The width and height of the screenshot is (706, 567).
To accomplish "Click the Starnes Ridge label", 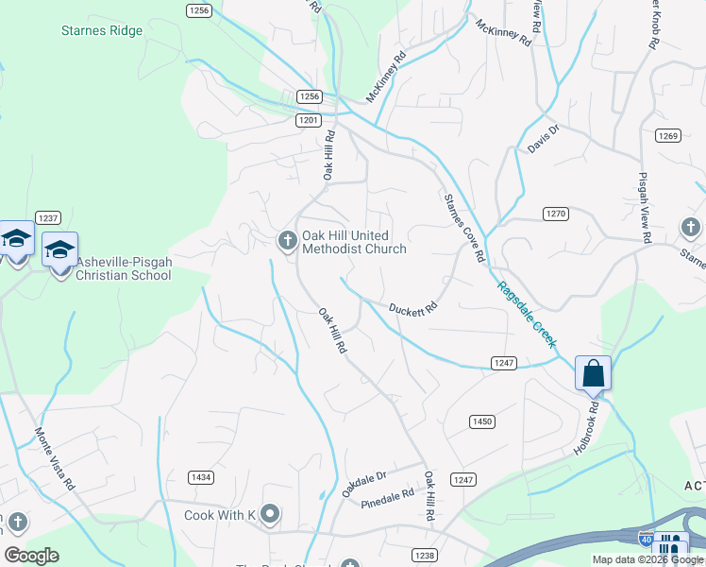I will point(101,31).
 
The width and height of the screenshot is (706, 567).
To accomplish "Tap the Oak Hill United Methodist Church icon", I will point(287,242).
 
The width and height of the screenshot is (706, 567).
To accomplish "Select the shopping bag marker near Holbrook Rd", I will point(593,372).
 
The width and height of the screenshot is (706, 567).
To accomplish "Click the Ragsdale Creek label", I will point(529,317).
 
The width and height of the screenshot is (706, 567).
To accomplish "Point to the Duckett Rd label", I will point(413,308).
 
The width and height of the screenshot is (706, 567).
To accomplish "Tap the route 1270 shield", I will point(556,215).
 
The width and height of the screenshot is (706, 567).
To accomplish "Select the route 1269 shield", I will point(668,136).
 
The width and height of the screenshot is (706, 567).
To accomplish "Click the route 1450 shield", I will point(482,421).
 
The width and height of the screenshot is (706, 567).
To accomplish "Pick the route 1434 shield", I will point(200,477).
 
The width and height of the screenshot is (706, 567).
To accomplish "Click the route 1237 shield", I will point(48,217).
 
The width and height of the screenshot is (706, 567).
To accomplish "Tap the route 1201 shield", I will point(308,120).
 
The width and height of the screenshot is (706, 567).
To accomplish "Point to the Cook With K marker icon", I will point(271,514).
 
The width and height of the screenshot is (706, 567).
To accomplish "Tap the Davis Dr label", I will point(544,140).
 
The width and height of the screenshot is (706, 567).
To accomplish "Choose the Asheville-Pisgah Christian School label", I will point(124,268).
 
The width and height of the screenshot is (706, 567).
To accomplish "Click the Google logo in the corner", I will point(32,556).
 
